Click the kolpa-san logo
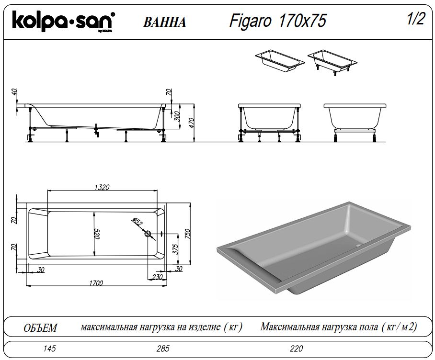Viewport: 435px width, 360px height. (x=63, y=22)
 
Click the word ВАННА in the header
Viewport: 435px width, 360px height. (x=164, y=22)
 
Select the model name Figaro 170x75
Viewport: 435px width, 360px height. (x=278, y=21)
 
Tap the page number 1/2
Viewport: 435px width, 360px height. (x=415, y=19)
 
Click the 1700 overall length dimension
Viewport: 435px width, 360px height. (x=96, y=283)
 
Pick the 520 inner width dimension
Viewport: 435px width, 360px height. (x=96, y=234)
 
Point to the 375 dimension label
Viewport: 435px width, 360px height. (x=175, y=248)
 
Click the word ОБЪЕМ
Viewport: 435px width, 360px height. (x=40, y=328)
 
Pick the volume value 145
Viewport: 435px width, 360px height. (x=49, y=349)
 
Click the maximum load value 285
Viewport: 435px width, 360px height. (x=162, y=349)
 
